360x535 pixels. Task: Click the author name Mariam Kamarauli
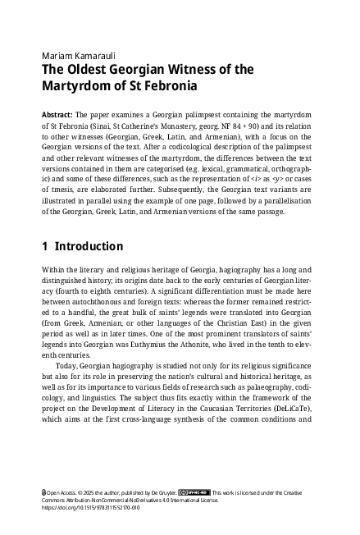click(x=76, y=54)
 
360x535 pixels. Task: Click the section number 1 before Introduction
click(x=44, y=246)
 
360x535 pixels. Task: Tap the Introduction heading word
click(x=90, y=246)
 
